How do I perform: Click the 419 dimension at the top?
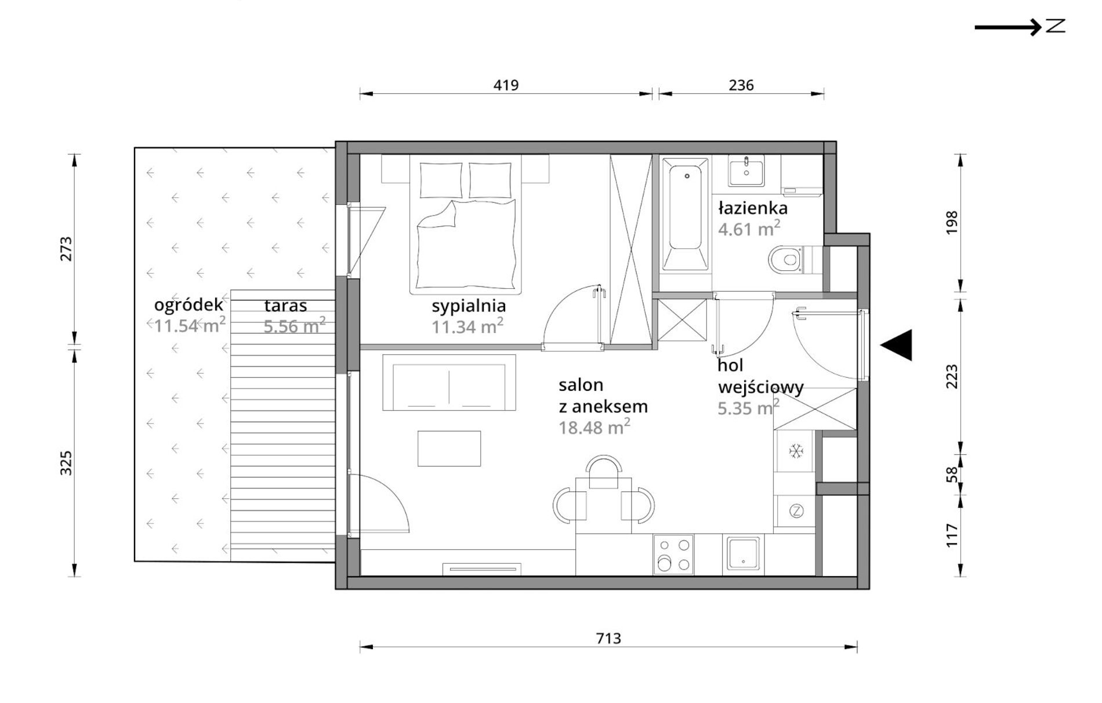click(506, 85)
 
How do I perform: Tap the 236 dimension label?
click(741, 85)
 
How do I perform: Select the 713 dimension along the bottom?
click(608, 639)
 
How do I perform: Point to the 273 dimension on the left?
click(66, 249)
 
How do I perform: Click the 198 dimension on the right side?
click(952, 223)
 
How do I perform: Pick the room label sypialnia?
click(469, 306)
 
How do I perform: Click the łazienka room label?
click(752, 208)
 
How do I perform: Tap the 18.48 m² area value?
click(594, 427)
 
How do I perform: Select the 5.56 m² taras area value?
click(294, 325)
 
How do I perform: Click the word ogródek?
click(188, 305)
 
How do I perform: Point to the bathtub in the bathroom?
click(685, 215)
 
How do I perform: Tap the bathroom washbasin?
click(746, 171)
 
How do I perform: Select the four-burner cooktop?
click(673, 555)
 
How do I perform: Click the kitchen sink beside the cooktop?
click(743, 555)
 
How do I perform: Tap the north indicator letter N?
click(1056, 26)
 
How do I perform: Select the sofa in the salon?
click(449, 383)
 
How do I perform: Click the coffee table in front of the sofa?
click(449, 448)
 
